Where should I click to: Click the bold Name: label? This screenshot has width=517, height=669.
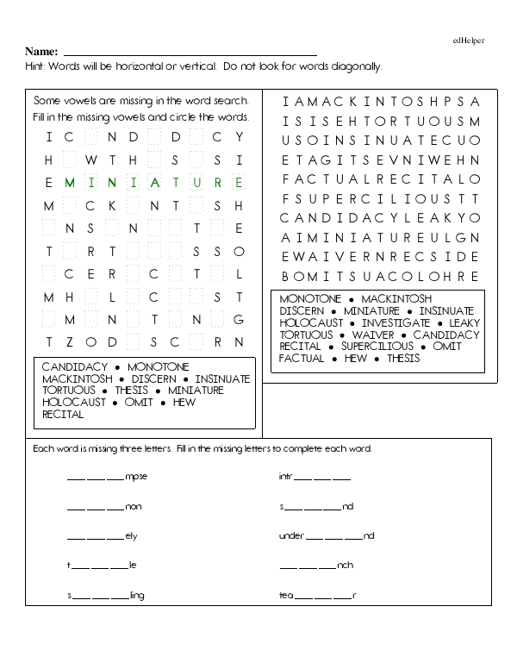[x=42, y=52]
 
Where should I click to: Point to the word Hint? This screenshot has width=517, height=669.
[x=37, y=66]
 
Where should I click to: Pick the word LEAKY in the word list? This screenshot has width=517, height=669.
[x=464, y=322]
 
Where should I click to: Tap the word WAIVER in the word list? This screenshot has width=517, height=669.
[x=373, y=334]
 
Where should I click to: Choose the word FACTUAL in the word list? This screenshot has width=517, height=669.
[x=302, y=358]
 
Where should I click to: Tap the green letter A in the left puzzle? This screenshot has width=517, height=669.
[x=155, y=183]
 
